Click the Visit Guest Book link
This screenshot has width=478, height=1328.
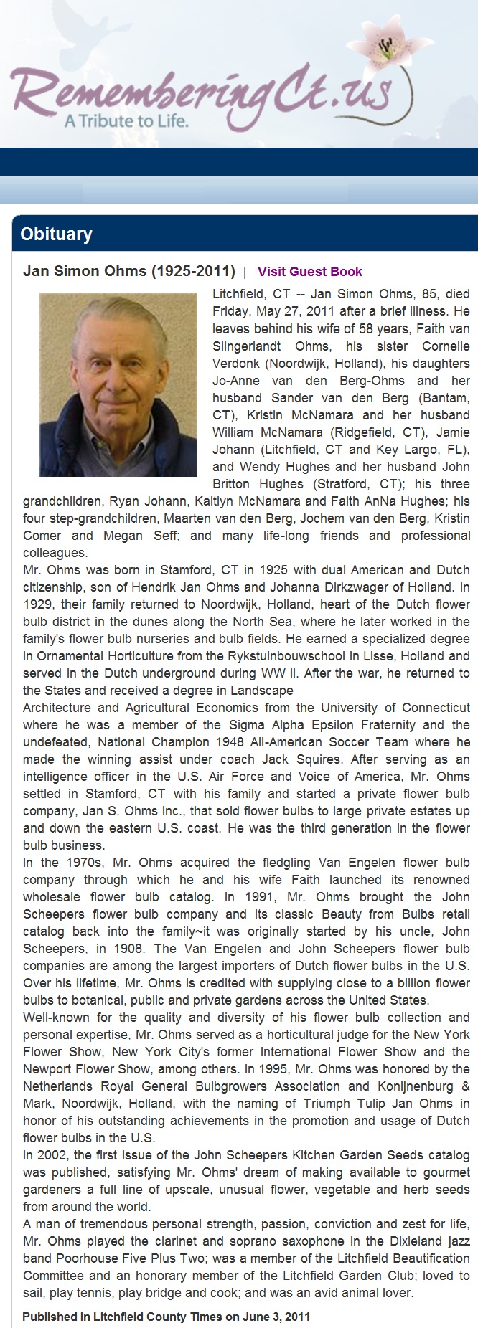click(x=309, y=272)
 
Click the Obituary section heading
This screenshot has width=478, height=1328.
click(x=56, y=234)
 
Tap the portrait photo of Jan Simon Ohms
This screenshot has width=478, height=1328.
click(x=118, y=384)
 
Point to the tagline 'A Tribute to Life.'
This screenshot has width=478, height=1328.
click(x=126, y=120)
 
